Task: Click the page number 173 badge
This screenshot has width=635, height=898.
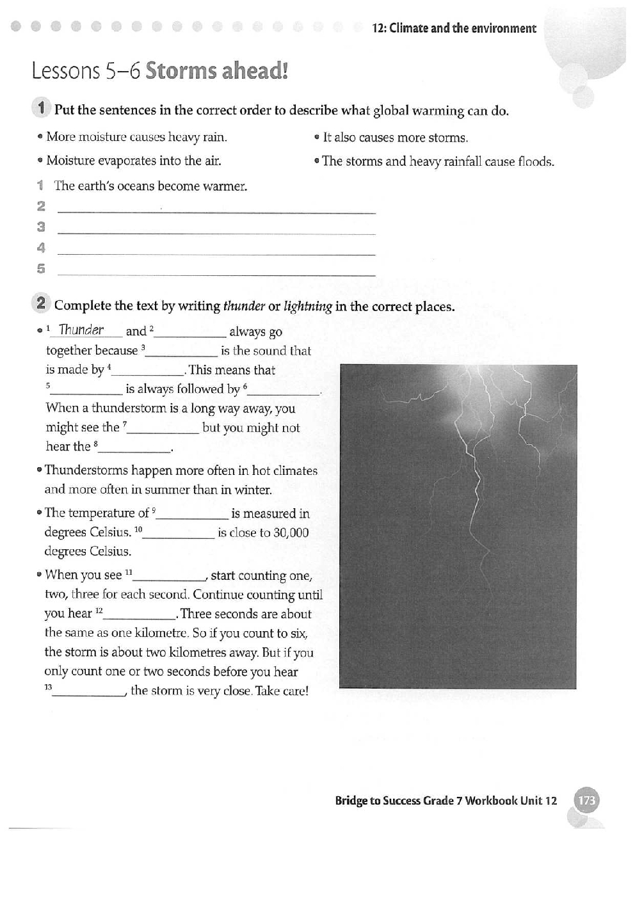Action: pos(586,800)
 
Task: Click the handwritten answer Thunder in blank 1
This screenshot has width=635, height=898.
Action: pos(81,330)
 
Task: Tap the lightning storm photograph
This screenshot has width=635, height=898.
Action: pos(458,526)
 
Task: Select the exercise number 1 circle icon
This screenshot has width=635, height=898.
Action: pos(41,108)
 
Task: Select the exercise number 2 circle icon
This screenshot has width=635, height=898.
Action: pos(41,303)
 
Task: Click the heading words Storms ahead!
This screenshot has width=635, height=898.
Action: pos(216,70)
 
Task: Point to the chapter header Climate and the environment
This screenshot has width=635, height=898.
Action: pos(454,28)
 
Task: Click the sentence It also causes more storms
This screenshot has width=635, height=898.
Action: pos(395,138)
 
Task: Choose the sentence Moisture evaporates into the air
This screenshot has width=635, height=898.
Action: pos(134,161)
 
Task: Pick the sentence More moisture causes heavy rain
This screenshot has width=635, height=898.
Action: pos(136,137)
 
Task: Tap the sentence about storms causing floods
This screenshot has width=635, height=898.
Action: pos(438,161)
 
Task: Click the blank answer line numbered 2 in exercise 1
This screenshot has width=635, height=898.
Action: pos(216,208)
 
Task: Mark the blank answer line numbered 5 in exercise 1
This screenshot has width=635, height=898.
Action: pos(216,270)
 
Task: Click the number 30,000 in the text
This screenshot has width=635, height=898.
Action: pos(291,533)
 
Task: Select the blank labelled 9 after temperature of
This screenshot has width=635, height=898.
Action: pos(192,514)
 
